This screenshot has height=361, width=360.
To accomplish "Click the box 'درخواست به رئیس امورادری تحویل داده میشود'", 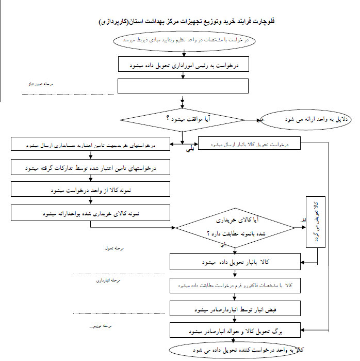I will (x=184, y=65).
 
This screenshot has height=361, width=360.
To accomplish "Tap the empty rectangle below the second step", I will (x=183, y=86).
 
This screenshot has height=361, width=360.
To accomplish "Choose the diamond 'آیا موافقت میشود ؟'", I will (x=184, y=119).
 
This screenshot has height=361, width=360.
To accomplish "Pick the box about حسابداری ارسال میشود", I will (x=91, y=146).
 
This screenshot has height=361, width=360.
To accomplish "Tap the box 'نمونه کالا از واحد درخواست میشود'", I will (x=91, y=190).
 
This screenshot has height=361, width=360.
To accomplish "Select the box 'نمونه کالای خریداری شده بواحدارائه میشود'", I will (x=91, y=212).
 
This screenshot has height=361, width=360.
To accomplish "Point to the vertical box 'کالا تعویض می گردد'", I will (x=316, y=224).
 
